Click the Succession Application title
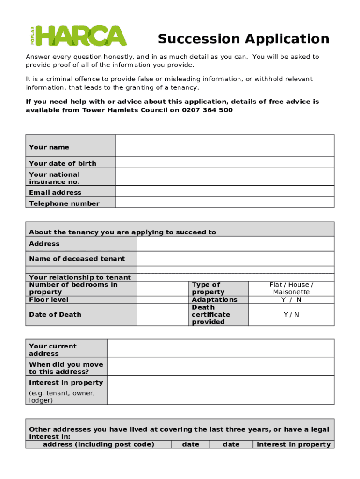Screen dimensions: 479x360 pyautogui.click(x=243, y=38)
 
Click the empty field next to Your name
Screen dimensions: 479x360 pyautogui.click(x=224, y=145)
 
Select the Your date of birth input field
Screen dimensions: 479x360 pyautogui.click(x=224, y=162)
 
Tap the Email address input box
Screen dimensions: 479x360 pyautogui.click(x=224, y=191)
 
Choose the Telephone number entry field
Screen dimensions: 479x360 pyautogui.click(x=224, y=202)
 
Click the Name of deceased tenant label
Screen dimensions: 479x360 pyautogui.click(x=77, y=259)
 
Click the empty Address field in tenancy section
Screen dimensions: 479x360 pyautogui.click(x=235, y=244)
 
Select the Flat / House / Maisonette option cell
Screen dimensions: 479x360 pyautogui.click(x=291, y=288)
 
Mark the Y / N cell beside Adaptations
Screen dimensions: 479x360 pyautogui.click(x=291, y=300)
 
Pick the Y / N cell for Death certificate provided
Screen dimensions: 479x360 pyautogui.click(x=291, y=315)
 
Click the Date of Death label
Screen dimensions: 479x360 pyautogui.click(x=55, y=315)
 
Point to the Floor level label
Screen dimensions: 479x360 pyautogui.click(x=49, y=300)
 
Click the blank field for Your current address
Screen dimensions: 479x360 pyautogui.click(x=220, y=348)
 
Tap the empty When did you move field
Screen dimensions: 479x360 pyautogui.click(x=220, y=366)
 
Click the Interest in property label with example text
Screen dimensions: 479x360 pyautogui.click(x=65, y=390)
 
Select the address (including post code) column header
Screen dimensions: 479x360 pyautogui.click(x=99, y=444)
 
